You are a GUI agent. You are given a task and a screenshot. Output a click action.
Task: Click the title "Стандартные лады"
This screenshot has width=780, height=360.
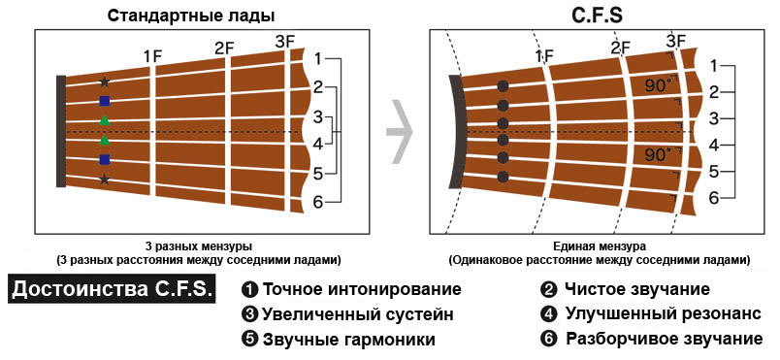coord(191,16)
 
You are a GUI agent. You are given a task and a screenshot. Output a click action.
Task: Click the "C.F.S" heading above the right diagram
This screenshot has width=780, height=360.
coord(597,16)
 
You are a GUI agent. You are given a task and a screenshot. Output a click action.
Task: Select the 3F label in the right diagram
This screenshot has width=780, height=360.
coord(676,41)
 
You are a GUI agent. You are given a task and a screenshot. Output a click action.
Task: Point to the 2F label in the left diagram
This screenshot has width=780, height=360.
coord(224,49)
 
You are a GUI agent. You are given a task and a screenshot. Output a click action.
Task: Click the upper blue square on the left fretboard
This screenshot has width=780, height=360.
coord(104,101)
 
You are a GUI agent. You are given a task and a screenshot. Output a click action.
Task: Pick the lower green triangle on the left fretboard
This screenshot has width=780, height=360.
coord(104,140)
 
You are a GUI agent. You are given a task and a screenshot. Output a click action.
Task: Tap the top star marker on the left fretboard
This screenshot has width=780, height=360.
coord(104,82)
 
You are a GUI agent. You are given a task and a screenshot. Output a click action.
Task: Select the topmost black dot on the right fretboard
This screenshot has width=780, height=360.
coord(503,86)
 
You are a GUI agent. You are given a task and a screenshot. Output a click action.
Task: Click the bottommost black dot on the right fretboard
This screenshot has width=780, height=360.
coord(503,177)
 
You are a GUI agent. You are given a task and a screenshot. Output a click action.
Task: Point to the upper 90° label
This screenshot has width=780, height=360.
coord(658,86)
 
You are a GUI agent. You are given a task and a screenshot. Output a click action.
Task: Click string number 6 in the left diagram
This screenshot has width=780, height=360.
coord(318,202)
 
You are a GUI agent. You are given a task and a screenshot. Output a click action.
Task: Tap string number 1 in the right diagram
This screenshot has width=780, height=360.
coord(714,66)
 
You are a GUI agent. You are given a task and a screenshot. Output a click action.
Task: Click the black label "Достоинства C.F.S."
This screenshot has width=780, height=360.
coord(113,289)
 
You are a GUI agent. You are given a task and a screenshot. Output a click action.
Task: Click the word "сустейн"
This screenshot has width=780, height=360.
coord(420,314)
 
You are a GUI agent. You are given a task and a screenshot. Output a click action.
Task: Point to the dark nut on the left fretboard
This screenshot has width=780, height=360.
coord(61,131)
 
